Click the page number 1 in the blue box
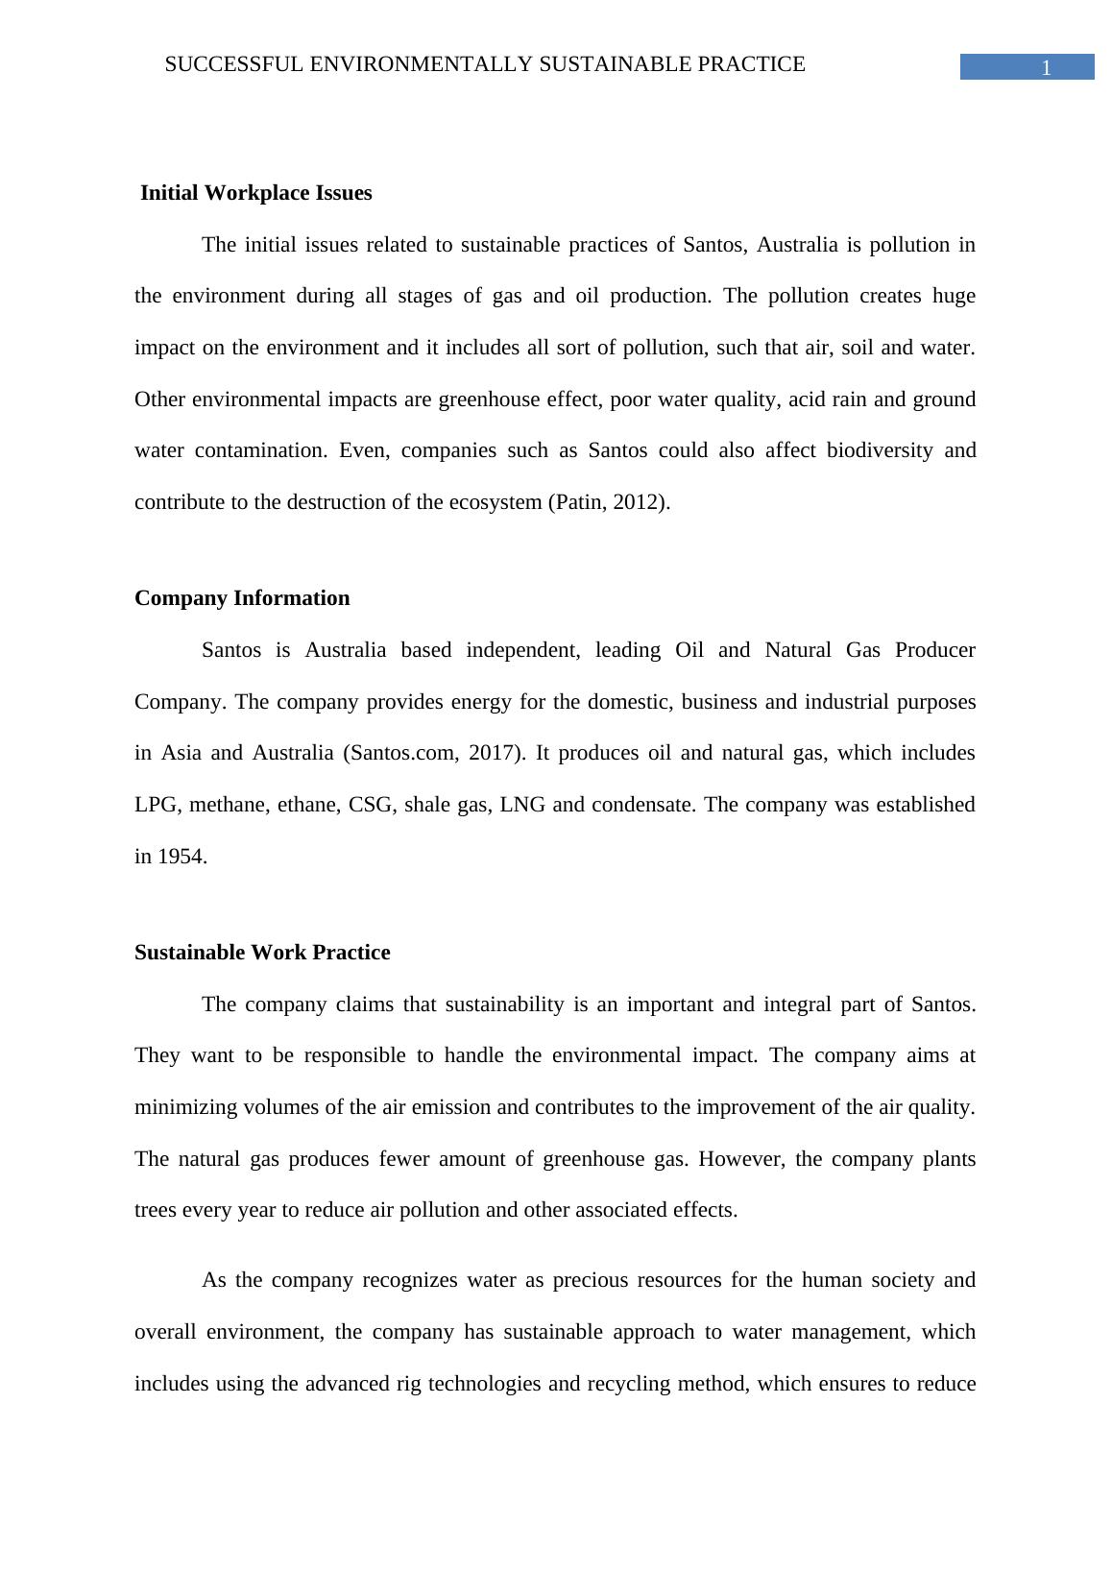pos(1046,68)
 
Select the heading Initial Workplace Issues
pos(255,193)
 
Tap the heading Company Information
pos(242,598)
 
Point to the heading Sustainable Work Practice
pos(262,953)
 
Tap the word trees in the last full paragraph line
pos(156,1210)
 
